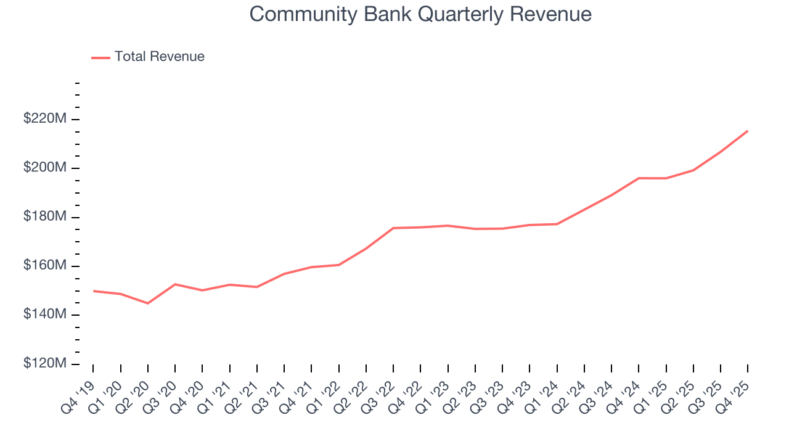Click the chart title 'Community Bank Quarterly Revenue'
coord(420,14)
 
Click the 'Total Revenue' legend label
coord(159,57)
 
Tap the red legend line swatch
coord(100,57)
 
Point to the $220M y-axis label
coord(44,119)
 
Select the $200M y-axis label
coord(44,168)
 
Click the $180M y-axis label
coord(44,217)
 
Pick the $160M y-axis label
coord(44,266)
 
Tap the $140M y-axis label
coord(44,314)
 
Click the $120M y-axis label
coord(44,364)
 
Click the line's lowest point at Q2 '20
coord(148,303)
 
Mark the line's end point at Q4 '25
coord(748,131)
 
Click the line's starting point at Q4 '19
coord(93,291)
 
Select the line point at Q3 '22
coord(393,228)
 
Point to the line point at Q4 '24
coord(639,178)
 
